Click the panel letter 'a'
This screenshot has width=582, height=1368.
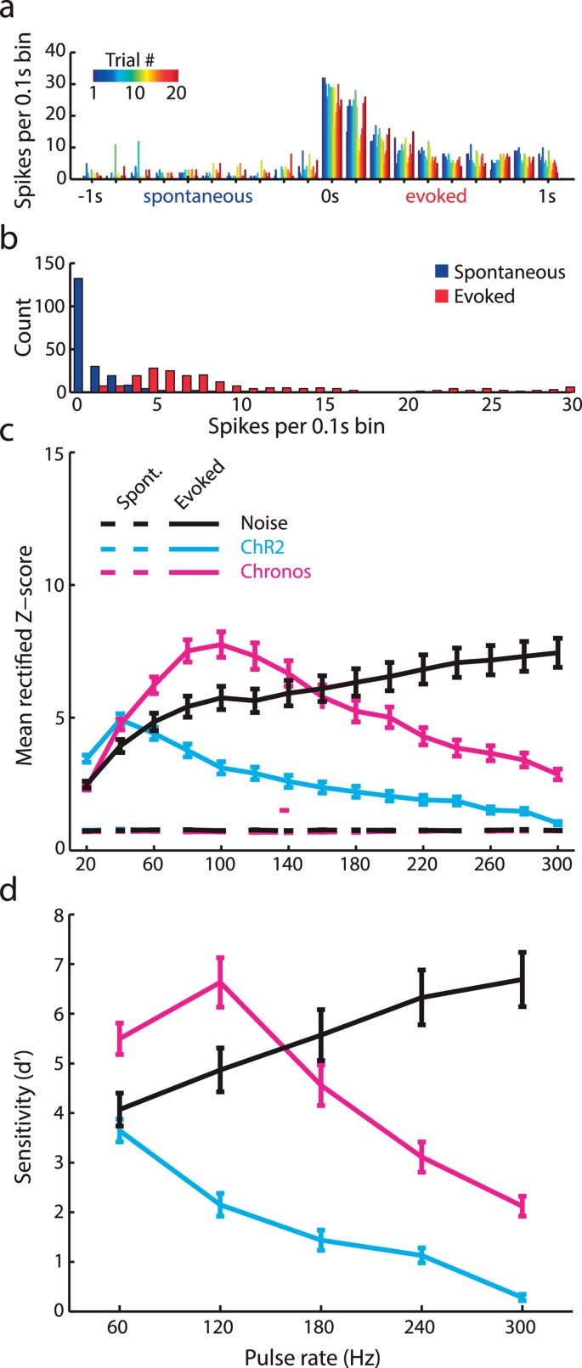coord(11,12)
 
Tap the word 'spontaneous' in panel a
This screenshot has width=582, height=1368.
coord(197,197)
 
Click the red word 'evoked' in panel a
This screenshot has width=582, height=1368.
coord(436,197)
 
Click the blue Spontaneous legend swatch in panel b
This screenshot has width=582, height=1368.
coord(441,273)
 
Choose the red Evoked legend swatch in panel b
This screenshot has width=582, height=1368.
coord(441,296)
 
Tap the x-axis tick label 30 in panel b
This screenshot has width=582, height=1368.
coord(572,406)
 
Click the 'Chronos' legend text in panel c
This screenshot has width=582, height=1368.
coord(275,571)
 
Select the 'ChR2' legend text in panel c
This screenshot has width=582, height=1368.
coord(262,548)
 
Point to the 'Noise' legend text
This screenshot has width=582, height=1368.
coord(264,524)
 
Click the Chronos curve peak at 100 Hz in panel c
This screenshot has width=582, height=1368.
coord(221,644)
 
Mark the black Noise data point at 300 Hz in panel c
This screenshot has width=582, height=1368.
coord(557,653)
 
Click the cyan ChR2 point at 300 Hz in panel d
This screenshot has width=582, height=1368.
coord(522,1297)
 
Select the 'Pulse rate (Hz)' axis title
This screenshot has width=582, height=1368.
coord(321,1354)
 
